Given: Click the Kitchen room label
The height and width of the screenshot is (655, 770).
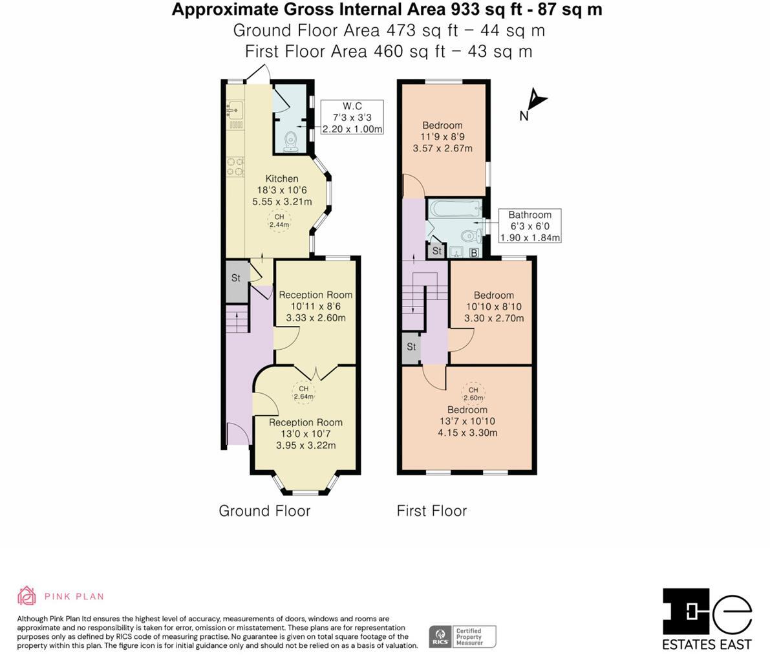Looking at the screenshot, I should tap(282, 178).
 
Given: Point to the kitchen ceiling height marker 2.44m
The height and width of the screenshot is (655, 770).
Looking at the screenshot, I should tap(279, 221).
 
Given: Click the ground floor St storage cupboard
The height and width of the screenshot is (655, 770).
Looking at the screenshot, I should tap(237, 279).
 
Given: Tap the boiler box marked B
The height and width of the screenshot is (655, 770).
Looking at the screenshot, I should tap(474, 253).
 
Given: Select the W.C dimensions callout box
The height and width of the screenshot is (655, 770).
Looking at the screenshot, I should tap(352, 117).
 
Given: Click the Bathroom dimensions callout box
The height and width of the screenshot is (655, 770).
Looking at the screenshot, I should tap(529, 226).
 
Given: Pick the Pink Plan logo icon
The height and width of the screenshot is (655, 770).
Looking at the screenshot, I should tap(27, 596).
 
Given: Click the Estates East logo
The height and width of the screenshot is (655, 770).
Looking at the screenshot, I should tap(707, 619).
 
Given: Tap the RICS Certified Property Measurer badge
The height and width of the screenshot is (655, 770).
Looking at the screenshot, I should tap(462, 636).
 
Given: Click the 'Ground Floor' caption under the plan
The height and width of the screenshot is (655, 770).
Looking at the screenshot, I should tap(264, 511).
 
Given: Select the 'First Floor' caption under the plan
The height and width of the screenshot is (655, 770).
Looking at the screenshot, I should tap(431, 511).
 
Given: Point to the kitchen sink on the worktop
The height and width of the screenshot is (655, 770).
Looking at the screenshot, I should tap(233, 109).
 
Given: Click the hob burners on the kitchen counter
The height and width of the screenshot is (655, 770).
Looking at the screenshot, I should tap(234, 167).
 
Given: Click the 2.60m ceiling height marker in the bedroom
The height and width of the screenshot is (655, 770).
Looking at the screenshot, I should tap(473, 394).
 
